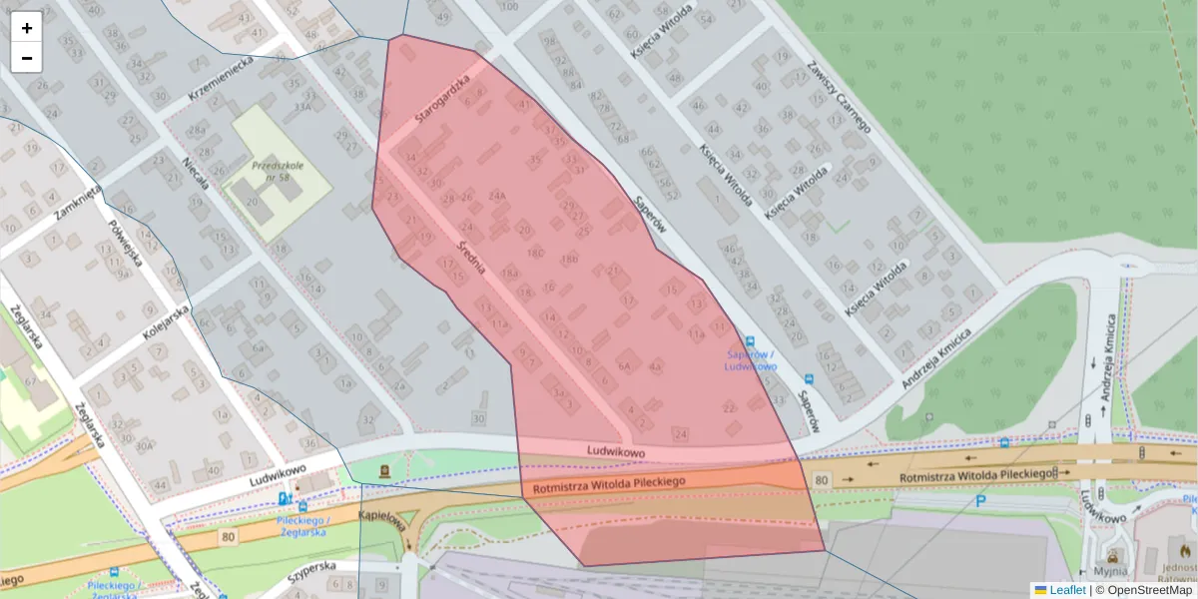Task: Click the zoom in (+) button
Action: (x=27, y=28)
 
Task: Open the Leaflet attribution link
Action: (x=1067, y=590)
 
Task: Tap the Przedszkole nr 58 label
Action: (x=271, y=171)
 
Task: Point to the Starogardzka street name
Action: (x=441, y=101)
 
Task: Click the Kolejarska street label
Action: (x=166, y=323)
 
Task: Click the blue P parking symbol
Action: (x=980, y=501)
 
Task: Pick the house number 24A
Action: (x=497, y=195)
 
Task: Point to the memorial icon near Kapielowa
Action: (x=383, y=469)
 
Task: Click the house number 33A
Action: (x=301, y=106)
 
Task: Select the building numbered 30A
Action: (x=146, y=446)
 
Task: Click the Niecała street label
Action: (x=196, y=177)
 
